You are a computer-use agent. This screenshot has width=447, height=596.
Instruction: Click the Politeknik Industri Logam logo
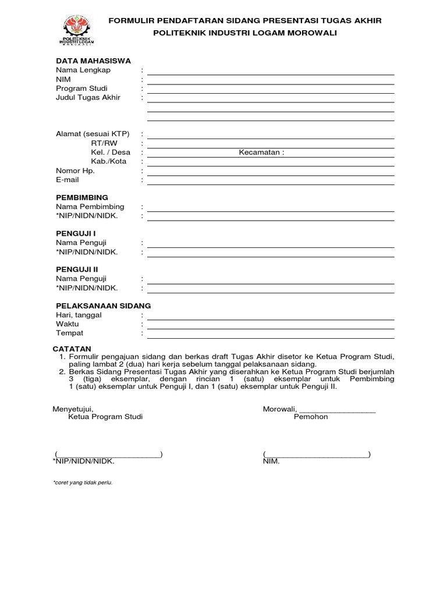[77, 30]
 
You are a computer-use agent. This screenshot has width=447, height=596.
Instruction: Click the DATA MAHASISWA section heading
[93, 61]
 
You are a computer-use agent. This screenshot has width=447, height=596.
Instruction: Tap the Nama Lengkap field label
[83, 70]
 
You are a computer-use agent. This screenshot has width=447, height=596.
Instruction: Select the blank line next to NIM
[271, 83]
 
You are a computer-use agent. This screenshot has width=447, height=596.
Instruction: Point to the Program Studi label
[81, 88]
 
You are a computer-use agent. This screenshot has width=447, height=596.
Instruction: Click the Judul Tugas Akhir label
[88, 97]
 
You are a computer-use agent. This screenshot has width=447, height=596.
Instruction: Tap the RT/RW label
[104, 143]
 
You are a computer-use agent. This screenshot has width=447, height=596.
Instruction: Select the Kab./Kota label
[109, 161]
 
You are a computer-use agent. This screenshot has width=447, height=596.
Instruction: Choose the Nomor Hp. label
[75, 171]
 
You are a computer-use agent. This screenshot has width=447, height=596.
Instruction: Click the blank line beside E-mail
[271, 184]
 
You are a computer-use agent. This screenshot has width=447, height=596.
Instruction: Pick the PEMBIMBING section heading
[82, 197]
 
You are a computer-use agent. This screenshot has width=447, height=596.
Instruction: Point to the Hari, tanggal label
[79, 315]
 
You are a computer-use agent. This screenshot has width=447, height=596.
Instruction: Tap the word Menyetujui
[73, 408]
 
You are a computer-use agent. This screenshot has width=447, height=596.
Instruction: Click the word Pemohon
[311, 417]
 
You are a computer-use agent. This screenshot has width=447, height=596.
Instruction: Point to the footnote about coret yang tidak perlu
[83, 483]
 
